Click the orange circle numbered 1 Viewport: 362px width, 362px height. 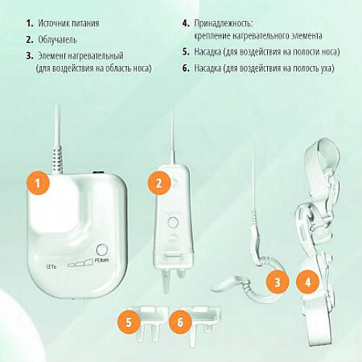coord(38,183)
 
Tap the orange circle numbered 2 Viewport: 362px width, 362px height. coord(159,183)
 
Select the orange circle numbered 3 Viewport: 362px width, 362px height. coord(278,282)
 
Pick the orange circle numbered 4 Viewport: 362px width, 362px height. coord(308,282)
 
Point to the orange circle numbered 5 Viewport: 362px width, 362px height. coord(129,322)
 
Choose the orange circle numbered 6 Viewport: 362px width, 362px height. coord(180,322)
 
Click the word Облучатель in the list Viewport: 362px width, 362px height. coord(57,39)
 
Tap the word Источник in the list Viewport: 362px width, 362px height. coord(52,23)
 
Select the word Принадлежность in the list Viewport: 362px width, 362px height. coord(224,23)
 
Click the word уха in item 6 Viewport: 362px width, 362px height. coord(327,68)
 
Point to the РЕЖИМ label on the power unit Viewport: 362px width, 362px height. coord(102,260)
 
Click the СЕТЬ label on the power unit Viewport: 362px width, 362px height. coord(51,267)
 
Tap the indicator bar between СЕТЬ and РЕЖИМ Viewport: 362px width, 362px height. coord(80,263)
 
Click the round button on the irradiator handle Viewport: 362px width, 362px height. coord(173,222)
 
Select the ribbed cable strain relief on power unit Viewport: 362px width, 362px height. coord(57,159)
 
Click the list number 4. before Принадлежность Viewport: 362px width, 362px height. coord(186,23)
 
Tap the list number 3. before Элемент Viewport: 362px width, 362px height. coord(30,56)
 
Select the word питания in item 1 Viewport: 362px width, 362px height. coord(84,23)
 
